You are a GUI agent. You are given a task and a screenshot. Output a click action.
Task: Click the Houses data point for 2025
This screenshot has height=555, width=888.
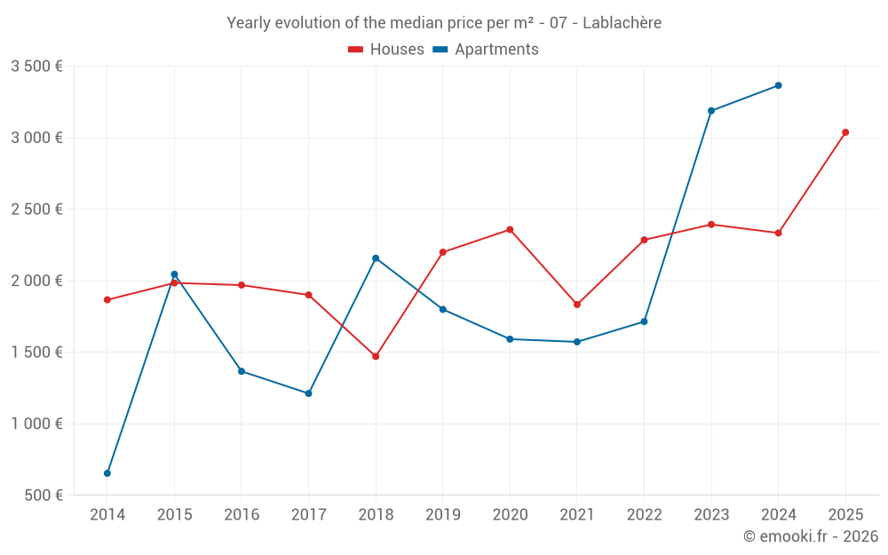(x=845, y=132)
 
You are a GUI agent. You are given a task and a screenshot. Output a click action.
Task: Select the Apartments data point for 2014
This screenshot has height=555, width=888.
(x=107, y=473)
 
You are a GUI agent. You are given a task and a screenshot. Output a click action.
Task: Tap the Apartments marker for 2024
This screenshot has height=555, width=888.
(x=779, y=85)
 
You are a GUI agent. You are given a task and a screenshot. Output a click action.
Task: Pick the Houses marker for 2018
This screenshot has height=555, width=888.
(x=376, y=356)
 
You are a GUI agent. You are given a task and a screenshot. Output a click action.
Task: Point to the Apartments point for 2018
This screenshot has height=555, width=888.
(x=376, y=258)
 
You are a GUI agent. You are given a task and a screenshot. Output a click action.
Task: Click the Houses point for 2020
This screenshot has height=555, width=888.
(x=510, y=230)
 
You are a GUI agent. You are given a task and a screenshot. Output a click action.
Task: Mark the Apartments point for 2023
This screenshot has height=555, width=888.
(x=711, y=111)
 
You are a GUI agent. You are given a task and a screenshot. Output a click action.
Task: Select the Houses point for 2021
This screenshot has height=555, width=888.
(x=577, y=305)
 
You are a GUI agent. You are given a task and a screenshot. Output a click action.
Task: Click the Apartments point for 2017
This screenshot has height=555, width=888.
(x=308, y=393)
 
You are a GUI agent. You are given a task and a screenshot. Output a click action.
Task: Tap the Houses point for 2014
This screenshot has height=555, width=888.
(x=107, y=300)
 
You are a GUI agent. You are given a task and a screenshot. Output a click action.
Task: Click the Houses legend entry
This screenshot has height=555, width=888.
(x=386, y=50)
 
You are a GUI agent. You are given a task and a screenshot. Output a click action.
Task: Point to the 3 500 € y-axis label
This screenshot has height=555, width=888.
(x=36, y=67)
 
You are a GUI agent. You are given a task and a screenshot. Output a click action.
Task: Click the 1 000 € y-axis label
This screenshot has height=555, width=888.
(x=36, y=424)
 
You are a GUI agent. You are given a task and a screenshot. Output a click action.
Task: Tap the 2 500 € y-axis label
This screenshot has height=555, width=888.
(x=36, y=210)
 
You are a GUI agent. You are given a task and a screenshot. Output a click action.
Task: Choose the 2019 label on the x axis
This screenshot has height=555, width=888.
(x=442, y=515)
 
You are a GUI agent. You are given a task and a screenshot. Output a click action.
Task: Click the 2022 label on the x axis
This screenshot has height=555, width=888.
(x=644, y=515)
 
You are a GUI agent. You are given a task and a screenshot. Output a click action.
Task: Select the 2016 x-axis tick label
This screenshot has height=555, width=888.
(x=242, y=515)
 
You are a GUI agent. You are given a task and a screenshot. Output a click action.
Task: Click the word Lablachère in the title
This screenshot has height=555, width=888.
(x=622, y=23)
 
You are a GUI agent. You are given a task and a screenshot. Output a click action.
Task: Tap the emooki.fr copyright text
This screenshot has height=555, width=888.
(x=811, y=536)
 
